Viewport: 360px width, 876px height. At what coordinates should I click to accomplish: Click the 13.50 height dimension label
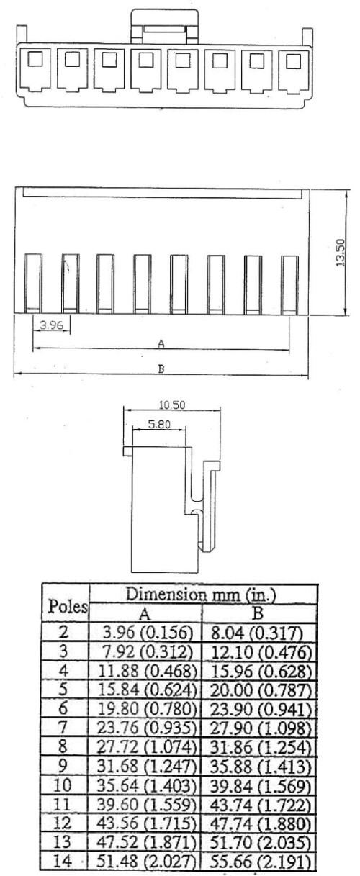(x=341, y=253)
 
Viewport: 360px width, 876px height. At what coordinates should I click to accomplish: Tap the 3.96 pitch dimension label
(x=51, y=325)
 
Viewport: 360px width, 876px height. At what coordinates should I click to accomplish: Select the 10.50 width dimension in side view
(x=172, y=405)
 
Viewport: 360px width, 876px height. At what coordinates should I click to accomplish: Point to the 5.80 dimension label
(x=159, y=424)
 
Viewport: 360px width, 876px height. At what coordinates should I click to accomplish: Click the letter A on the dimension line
(x=161, y=344)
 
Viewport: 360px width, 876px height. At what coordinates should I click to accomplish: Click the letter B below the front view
(x=161, y=369)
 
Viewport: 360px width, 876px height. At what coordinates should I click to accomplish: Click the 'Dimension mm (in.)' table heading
(x=201, y=595)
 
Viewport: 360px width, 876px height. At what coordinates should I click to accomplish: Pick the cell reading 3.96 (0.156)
(x=146, y=633)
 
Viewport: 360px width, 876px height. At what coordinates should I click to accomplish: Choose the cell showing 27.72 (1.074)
(x=146, y=747)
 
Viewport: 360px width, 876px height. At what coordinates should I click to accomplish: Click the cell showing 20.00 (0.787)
(x=261, y=690)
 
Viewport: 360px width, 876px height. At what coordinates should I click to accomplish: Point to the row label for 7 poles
(x=63, y=728)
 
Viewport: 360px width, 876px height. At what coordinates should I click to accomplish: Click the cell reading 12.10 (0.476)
(x=261, y=652)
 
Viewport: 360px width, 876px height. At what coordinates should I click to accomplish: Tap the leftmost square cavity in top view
(x=35, y=60)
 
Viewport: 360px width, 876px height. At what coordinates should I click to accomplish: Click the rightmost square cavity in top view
(x=294, y=61)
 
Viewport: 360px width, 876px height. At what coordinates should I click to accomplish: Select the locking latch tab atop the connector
(x=165, y=26)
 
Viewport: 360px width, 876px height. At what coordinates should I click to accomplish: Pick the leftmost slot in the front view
(x=33, y=284)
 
